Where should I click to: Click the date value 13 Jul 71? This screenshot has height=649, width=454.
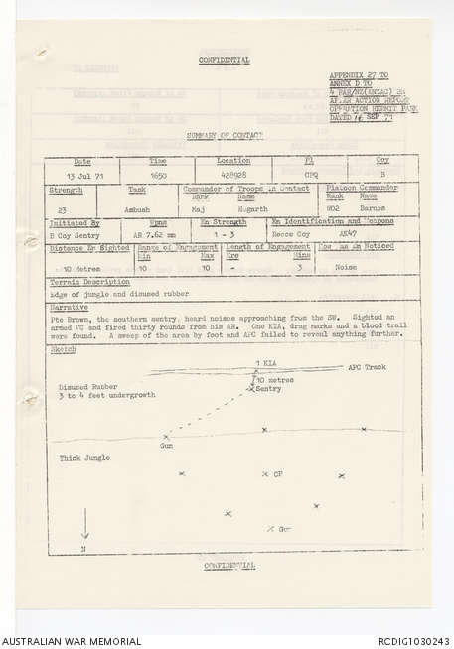(x=83, y=174)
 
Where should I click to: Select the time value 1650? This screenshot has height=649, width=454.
(x=157, y=174)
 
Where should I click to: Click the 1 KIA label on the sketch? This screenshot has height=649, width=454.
(x=266, y=364)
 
